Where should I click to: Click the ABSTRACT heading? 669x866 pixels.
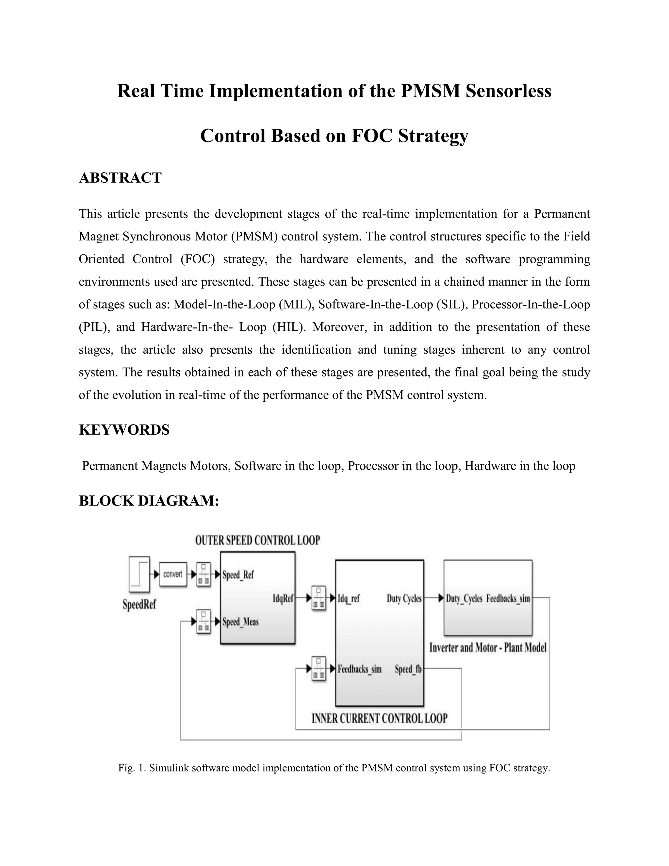click(x=120, y=178)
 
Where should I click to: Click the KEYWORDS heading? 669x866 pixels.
click(x=124, y=430)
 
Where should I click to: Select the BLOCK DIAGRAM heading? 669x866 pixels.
click(x=149, y=501)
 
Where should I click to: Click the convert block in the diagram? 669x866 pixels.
click(x=173, y=574)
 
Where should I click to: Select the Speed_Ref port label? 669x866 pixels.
click(x=238, y=575)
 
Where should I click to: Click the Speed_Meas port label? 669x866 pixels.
click(x=240, y=622)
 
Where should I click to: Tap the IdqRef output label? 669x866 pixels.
click(x=283, y=598)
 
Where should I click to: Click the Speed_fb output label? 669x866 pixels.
click(x=408, y=669)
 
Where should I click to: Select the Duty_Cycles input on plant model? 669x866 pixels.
click(x=464, y=598)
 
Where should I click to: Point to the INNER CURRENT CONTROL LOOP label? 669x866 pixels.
click(x=379, y=719)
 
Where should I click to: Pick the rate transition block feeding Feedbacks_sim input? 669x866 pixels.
click(x=318, y=669)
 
